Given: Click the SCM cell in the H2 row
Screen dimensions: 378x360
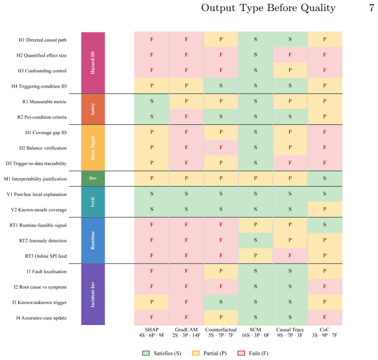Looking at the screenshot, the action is point(256,55).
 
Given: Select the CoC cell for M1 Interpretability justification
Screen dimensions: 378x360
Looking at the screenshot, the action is point(325,179).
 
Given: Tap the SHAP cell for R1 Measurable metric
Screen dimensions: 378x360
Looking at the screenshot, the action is point(152,102).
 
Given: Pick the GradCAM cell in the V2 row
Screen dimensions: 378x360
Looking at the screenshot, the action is point(186,209).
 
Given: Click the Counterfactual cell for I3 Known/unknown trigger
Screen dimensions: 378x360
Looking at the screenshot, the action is point(221,302).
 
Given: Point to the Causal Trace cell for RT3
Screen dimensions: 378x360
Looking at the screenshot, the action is point(290,256).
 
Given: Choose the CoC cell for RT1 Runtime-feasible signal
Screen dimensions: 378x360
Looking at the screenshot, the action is point(325,225).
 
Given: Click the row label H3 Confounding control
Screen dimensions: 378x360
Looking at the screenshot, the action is point(42,71).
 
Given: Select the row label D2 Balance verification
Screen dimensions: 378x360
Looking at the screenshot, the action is point(43,148).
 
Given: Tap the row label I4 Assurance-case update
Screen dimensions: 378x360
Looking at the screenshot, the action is point(41,318).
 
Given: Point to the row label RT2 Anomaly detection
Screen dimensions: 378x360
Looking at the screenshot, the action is point(43,240).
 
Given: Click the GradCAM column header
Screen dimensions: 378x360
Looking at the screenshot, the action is point(186,330).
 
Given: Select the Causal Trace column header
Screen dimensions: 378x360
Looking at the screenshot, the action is point(290,330).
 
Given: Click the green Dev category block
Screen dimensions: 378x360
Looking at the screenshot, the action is point(93,179).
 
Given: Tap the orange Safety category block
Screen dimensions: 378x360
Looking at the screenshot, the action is point(93,109).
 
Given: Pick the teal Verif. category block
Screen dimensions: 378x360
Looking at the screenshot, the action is point(93,201).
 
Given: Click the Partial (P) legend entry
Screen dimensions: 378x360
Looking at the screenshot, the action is point(209,353).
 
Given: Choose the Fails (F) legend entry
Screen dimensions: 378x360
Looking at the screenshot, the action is point(253,353).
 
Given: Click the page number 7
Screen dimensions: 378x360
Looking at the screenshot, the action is point(372,8).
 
